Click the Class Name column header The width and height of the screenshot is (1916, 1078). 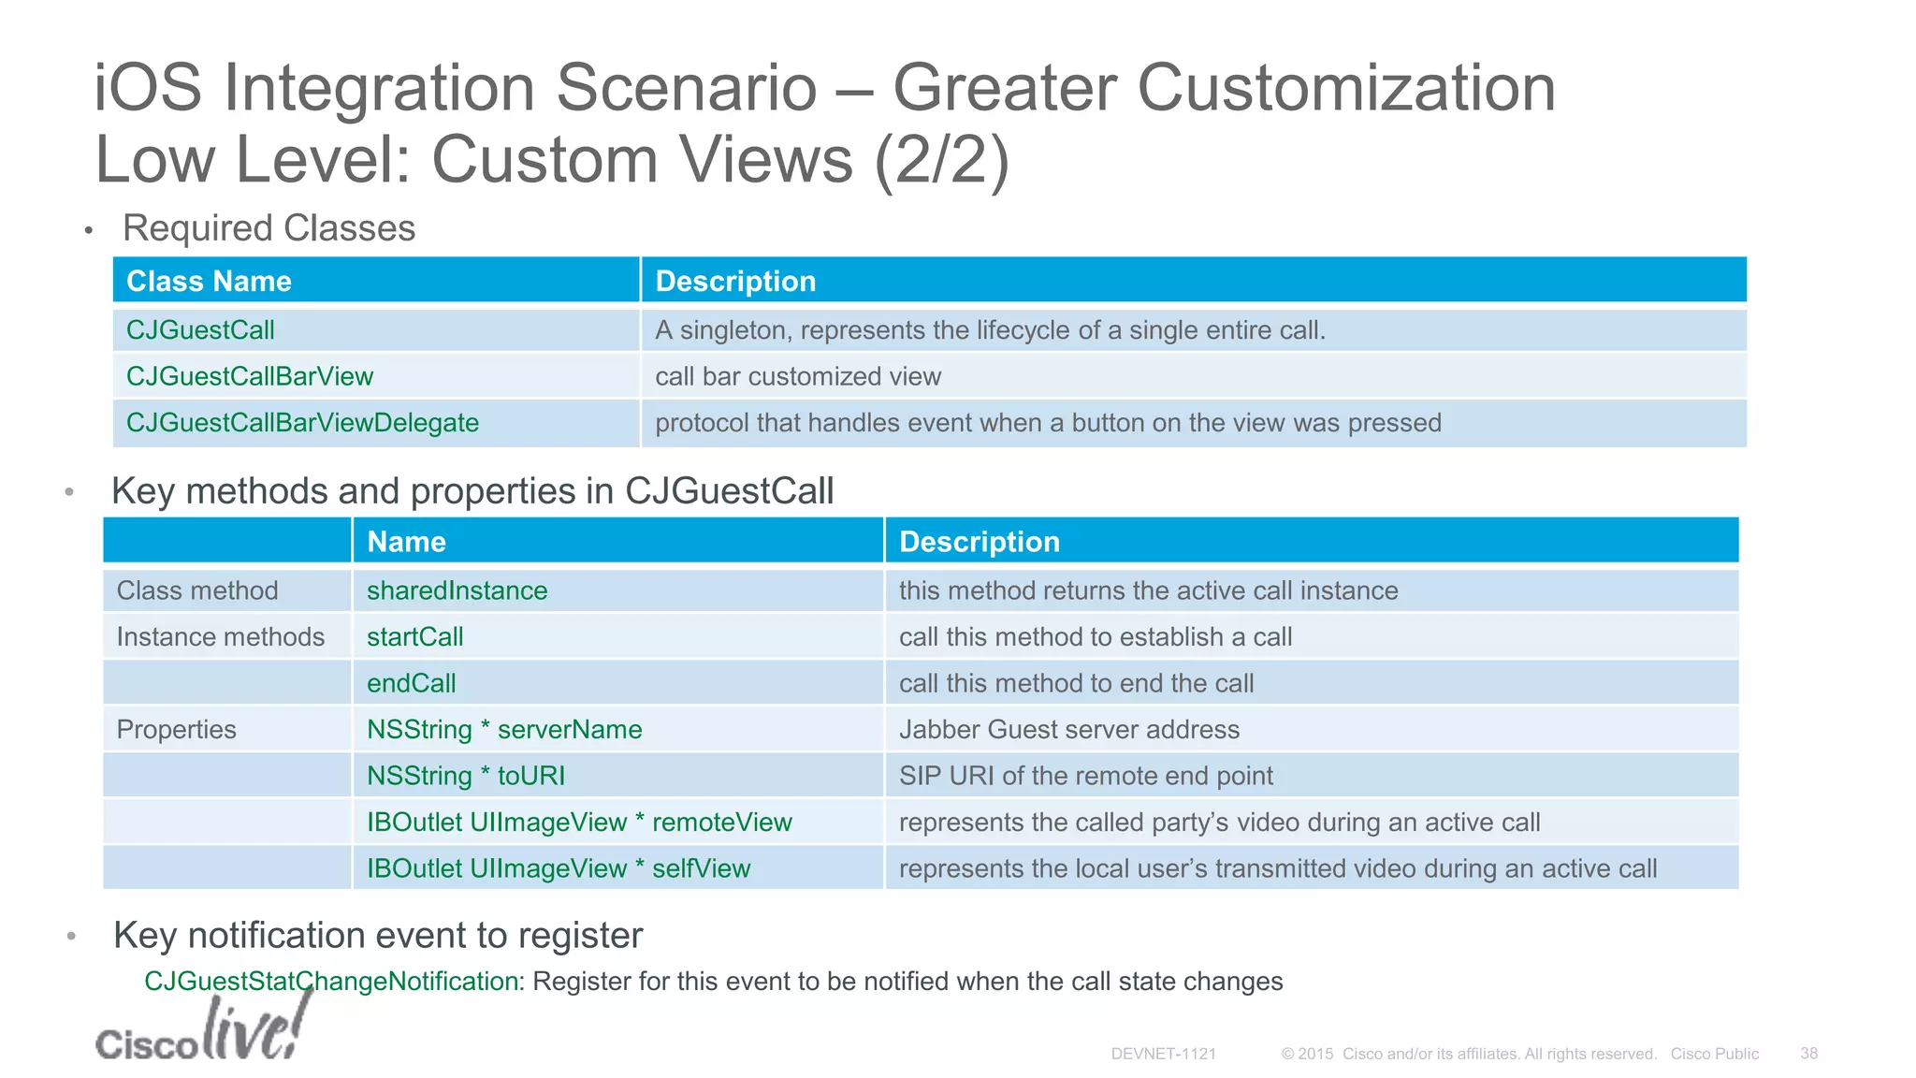[x=209, y=281]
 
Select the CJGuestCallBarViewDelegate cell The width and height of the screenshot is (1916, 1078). [x=302, y=423]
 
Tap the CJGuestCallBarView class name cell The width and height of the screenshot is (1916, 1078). [x=250, y=376]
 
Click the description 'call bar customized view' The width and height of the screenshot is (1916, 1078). [x=798, y=376]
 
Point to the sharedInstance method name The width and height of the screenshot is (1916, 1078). [x=457, y=590]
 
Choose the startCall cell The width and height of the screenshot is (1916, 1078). [x=414, y=637]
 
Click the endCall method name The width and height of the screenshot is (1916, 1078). [x=411, y=683]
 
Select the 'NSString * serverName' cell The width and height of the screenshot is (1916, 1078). [x=504, y=730]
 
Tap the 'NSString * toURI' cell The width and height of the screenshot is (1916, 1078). [x=466, y=776]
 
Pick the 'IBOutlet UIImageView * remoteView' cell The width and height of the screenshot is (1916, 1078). [x=579, y=823]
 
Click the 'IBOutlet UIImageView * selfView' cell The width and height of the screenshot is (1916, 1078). [x=559, y=868]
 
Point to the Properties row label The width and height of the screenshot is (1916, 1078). [x=176, y=730]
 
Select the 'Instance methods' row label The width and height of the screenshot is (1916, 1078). [x=220, y=637]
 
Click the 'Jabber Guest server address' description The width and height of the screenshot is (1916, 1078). [x=1068, y=730]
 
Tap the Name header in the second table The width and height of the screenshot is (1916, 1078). [x=406, y=542]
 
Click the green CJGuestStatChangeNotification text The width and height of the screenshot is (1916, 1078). [x=331, y=981]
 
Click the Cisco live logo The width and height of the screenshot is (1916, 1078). [x=202, y=1030]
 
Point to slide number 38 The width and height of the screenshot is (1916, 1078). [x=1808, y=1054]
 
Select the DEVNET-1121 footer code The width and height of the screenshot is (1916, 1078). [x=1163, y=1054]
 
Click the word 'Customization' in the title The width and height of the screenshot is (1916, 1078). [x=1345, y=88]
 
